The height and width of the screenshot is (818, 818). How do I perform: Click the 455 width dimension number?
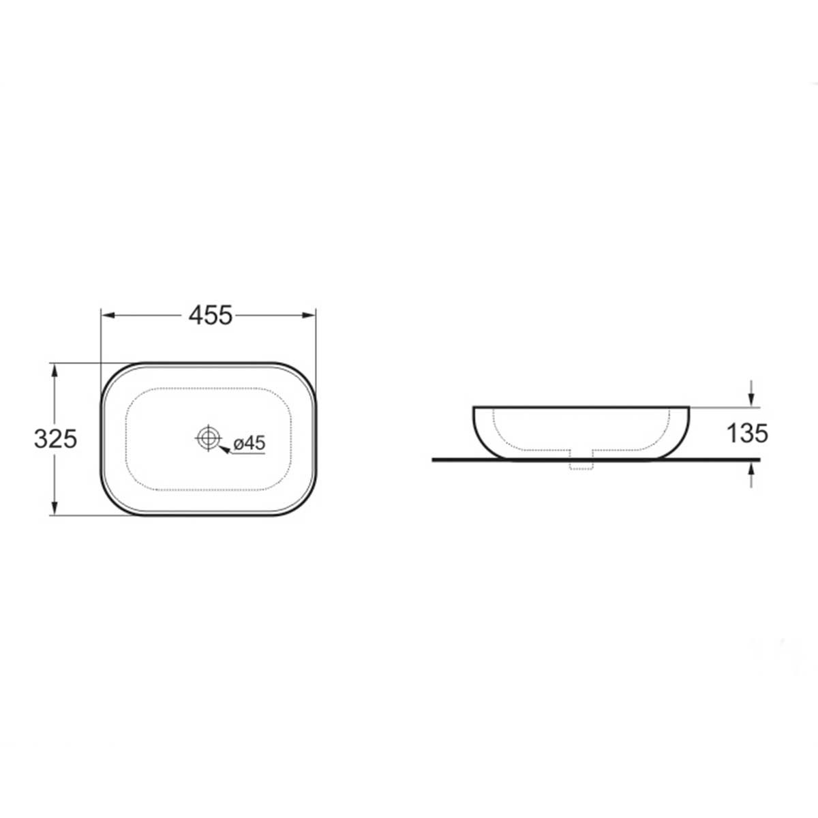point(211,316)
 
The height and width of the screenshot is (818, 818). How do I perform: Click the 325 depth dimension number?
point(56,438)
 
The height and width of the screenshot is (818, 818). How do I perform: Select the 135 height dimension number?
point(748,434)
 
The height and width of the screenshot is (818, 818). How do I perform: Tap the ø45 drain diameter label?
point(249,443)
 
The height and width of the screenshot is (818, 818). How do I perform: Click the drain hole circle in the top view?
point(209,438)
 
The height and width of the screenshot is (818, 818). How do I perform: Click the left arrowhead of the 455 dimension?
point(109,315)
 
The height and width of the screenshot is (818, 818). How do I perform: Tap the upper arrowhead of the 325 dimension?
point(54,372)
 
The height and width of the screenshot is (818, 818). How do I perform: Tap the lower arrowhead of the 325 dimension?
point(54,508)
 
